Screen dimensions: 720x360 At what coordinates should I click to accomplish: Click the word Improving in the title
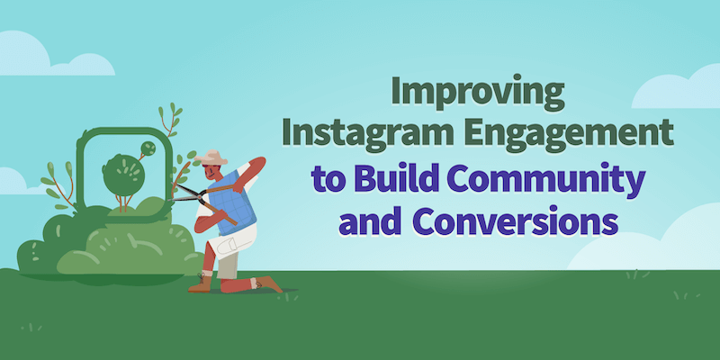478,94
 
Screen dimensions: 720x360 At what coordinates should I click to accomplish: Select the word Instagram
368,132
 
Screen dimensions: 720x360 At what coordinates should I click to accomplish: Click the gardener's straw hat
211,157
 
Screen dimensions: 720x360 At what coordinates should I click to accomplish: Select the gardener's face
210,172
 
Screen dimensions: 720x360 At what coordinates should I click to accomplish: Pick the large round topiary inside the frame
124,175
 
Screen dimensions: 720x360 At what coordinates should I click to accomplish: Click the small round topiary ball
148,148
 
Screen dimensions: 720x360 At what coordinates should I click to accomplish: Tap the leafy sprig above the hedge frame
170,119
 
